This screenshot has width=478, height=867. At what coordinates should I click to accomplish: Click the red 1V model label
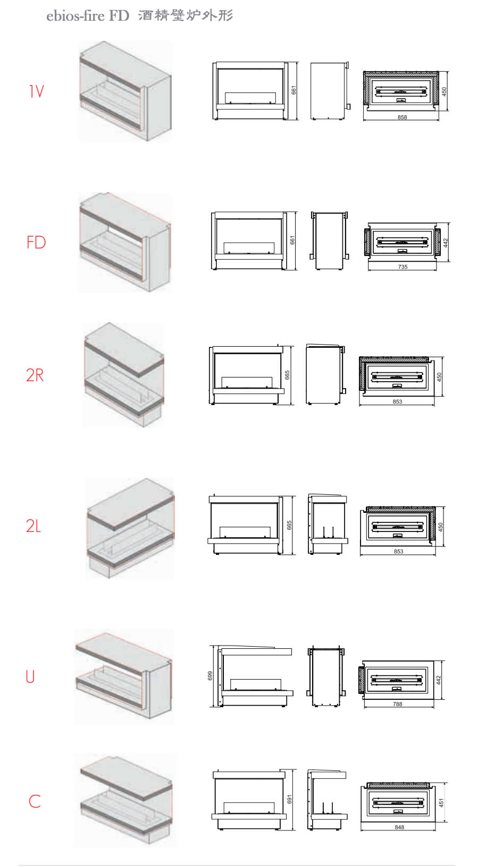click(37, 91)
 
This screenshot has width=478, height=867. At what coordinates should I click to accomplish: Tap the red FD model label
click(36, 243)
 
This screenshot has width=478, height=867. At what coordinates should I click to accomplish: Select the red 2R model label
click(35, 375)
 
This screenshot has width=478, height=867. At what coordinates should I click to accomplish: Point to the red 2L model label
click(33, 526)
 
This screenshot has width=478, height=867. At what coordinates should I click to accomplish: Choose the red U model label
click(30, 677)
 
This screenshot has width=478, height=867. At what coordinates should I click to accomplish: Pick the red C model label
click(35, 801)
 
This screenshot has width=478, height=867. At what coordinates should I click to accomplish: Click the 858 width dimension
click(402, 117)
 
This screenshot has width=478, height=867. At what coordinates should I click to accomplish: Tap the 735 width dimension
click(402, 267)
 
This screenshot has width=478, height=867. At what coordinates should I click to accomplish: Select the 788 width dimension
click(397, 704)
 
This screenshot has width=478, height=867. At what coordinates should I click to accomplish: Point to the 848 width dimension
click(399, 827)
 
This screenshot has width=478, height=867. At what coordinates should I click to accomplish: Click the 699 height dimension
click(210, 676)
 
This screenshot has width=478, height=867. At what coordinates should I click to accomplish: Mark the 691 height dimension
click(289, 799)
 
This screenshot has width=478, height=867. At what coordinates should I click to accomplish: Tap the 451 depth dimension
click(441, 803)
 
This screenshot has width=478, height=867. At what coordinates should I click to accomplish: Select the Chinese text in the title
click(186, 15)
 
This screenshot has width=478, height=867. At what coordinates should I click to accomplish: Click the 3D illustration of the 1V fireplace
click(125, 91)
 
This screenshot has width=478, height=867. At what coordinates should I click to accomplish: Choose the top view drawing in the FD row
click(402, 242)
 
